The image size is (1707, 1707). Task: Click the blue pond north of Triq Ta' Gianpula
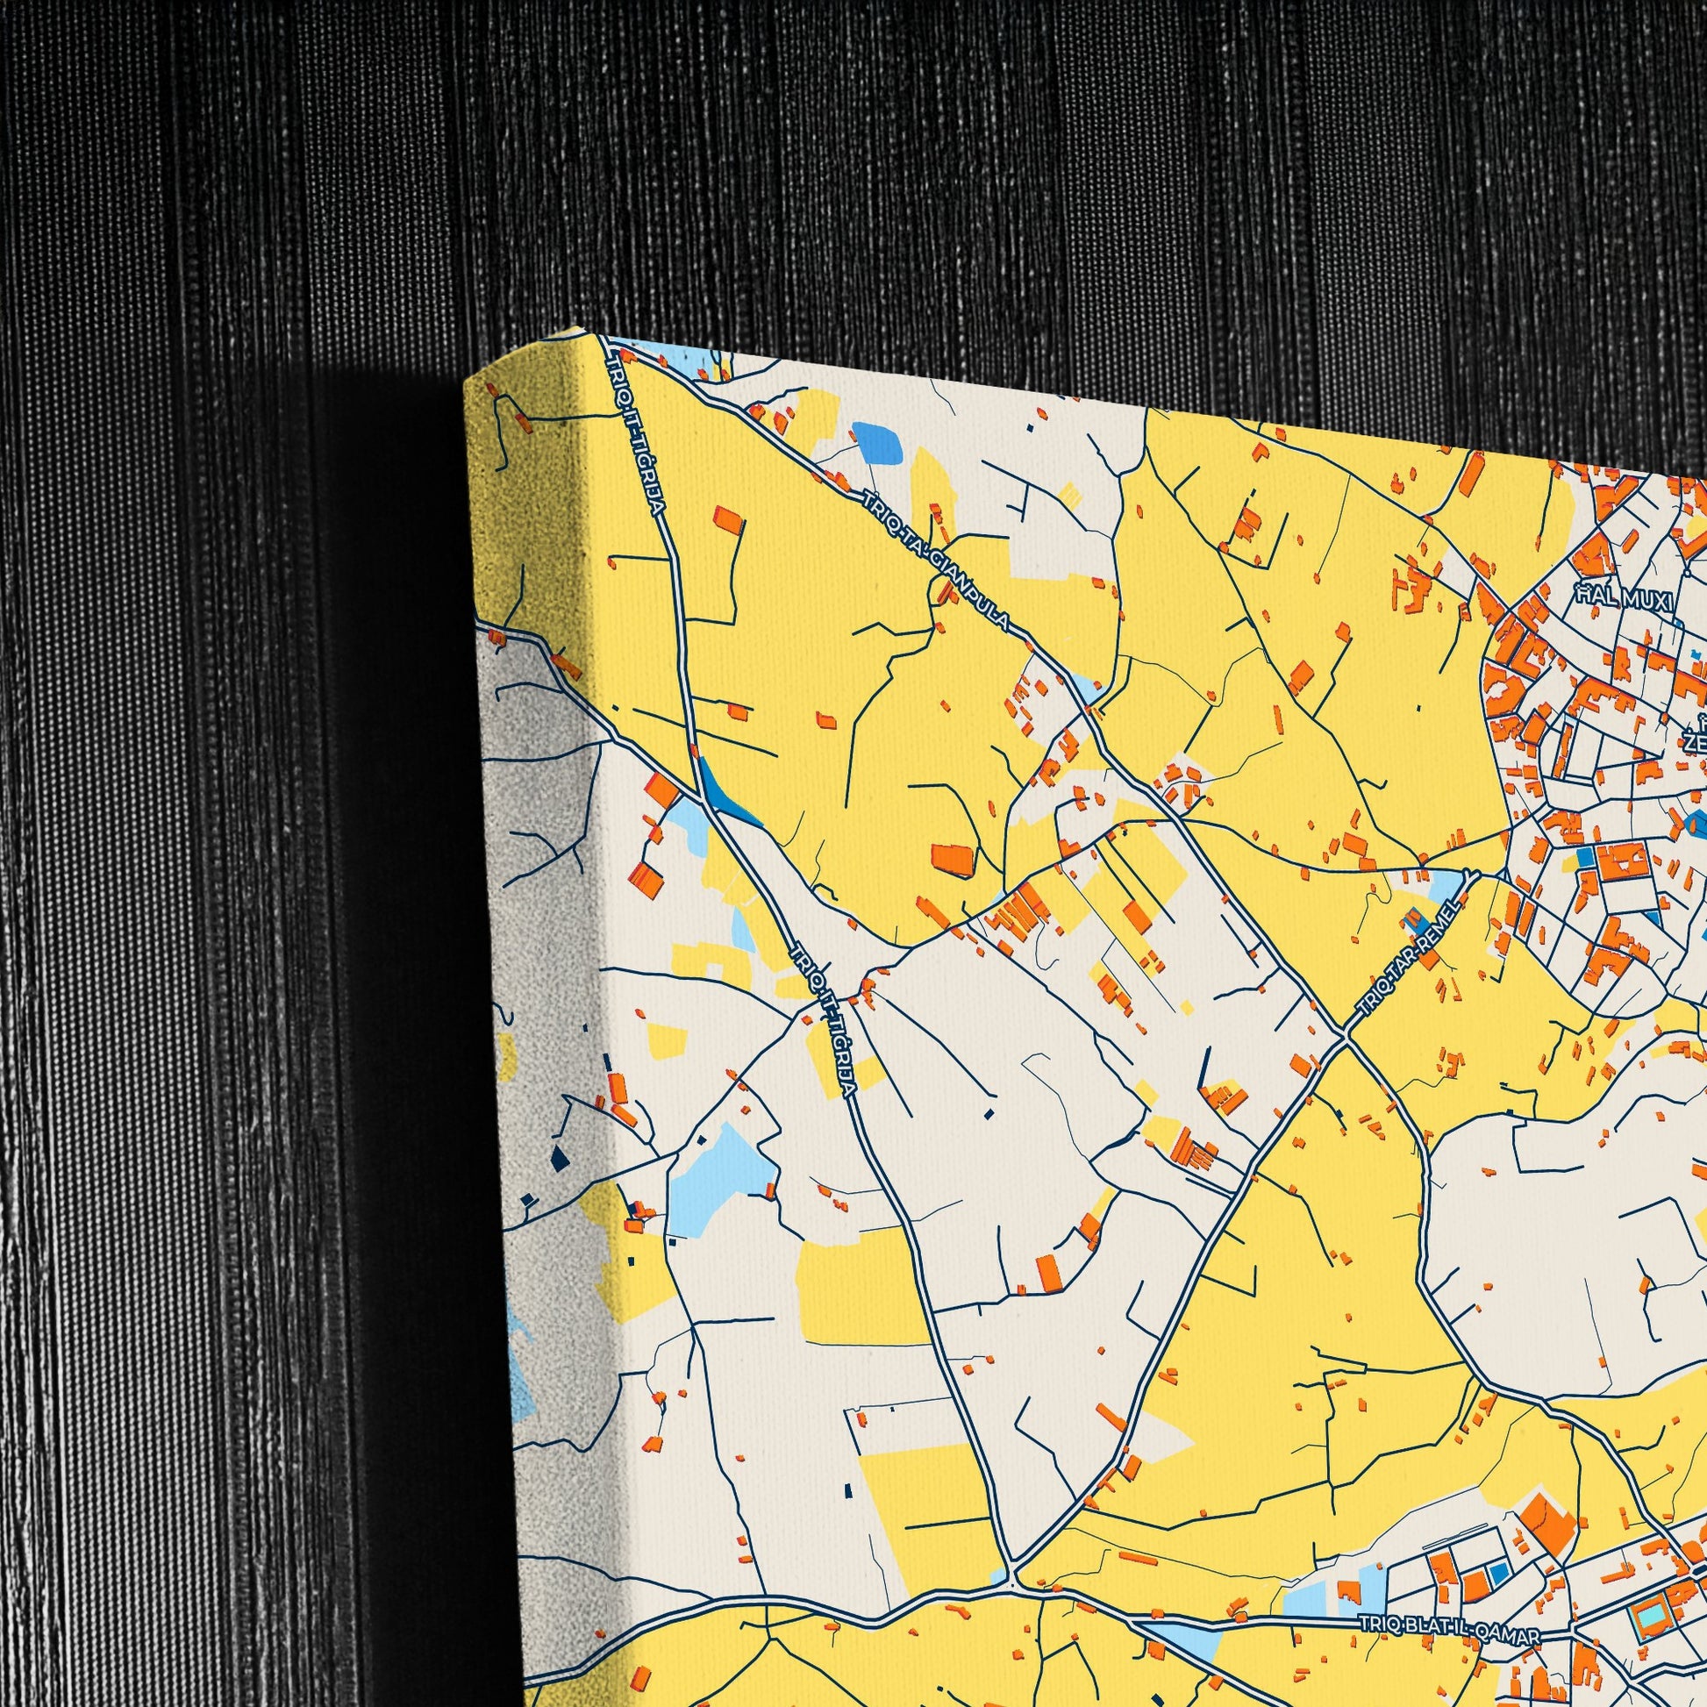pyautogui.click(x=876, y=444)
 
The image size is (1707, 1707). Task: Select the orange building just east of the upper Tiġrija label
pyautogui.click(x=728, y=519)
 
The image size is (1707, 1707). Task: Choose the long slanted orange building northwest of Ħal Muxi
pyautogui.click(x=1470, y=475)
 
